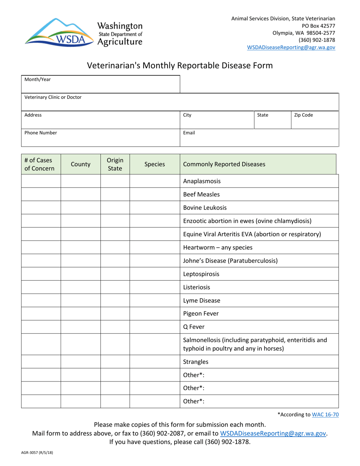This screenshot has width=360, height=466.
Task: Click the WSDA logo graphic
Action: pyautogui.click(x=59, y=32)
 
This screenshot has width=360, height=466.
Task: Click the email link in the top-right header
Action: pyautogui.click(x=291, y=47)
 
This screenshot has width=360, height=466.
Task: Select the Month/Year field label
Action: pyautogui.click(x=38, y=80)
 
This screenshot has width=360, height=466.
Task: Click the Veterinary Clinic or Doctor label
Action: pyautogui.click(x=53, y=97)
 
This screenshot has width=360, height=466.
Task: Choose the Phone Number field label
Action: pyautogui.click(x=41, y=133)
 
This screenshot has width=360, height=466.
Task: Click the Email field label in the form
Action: pyautogui.click(x=189, y=133)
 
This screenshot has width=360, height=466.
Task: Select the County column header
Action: pyautogui.click(x=80, y=164)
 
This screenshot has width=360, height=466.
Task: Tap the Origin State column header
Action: pyautogui.click(x=115, y=164)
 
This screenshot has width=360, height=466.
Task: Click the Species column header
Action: pyautogui.click(x=155, y=164)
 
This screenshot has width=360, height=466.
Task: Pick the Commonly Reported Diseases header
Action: pyautogui.click(x=224, y=164)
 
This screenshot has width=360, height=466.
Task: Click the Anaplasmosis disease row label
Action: pyautogui.click(x=202, y=181)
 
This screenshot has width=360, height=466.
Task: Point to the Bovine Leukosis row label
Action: pyautogui.click(x=205, y=208)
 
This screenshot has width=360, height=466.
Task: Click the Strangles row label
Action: pyautogui.click(x=196, y=361)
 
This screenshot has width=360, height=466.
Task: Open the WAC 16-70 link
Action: pyautogui.click(x=325, y=414)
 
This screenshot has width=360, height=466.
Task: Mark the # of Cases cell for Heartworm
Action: pyautogui.click(x=41, y=248)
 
